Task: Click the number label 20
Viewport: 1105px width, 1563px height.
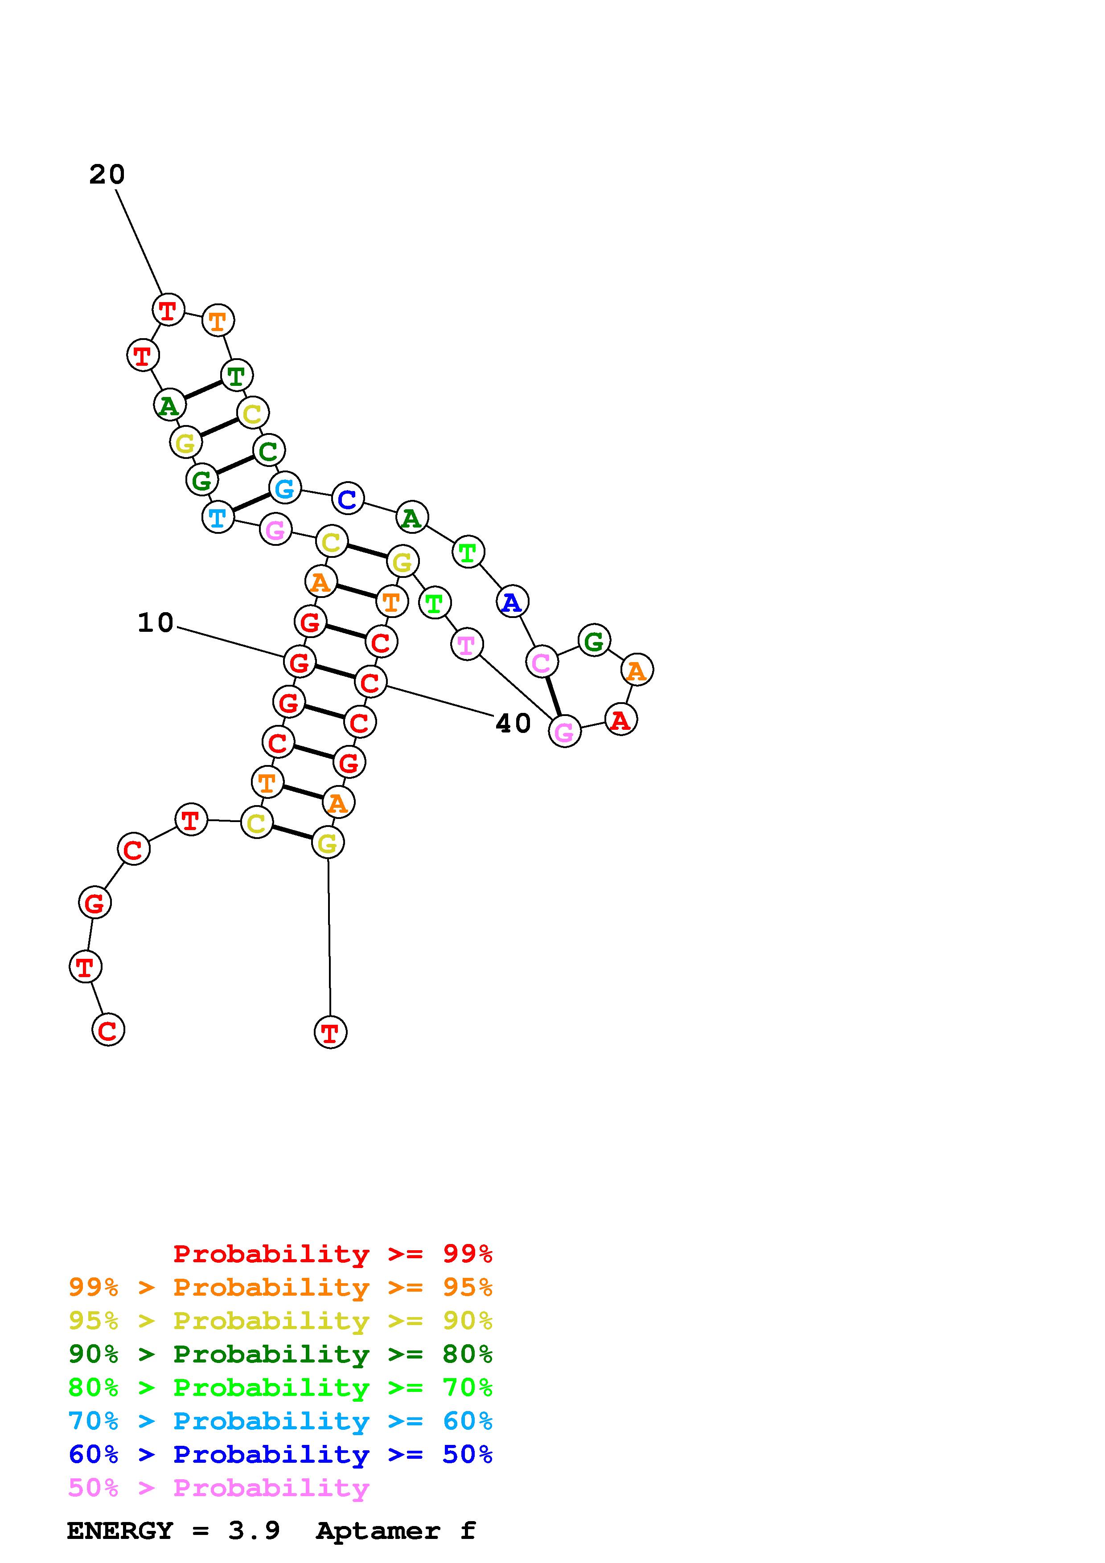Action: [107, 175]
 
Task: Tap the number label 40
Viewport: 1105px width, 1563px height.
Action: [513, 724]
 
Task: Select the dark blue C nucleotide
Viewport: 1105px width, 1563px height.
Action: [347, 499]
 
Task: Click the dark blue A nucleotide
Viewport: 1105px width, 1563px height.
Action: [511, 602]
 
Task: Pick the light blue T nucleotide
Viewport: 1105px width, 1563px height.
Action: [218, 517]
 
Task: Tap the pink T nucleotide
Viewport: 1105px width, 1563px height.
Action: [466, 644]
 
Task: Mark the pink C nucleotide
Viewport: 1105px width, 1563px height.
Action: [541, 662]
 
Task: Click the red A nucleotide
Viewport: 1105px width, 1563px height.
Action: [620, 720]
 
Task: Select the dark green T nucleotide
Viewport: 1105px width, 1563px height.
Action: [236, 375]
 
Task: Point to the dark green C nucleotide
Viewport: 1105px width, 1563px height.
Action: [269, 450]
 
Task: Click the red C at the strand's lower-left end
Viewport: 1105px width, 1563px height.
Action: [108, 1030]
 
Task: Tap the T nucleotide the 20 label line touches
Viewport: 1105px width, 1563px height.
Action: [168, 311]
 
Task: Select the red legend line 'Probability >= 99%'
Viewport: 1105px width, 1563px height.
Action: [332, 1254]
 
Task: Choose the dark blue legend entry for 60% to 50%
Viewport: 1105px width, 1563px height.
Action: [280, 1454]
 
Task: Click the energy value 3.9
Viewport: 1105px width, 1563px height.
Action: [254, 1531]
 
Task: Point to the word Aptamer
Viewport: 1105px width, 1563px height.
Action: [378, 1531]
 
